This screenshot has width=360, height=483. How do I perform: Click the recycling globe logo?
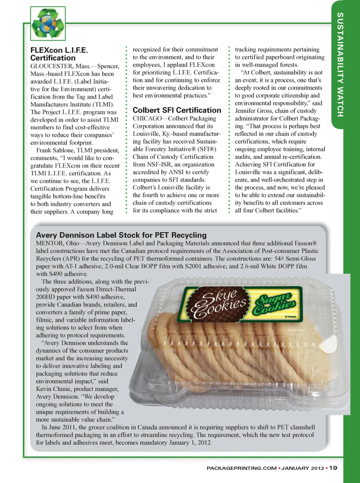[48, 24]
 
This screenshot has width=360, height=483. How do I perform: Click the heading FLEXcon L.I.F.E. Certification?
[59, 54]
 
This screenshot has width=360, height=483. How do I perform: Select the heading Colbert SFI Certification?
[177, 110]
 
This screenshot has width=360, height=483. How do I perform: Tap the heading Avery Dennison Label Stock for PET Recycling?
[121, 235]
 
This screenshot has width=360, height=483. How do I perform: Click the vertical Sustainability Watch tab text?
[340, 65]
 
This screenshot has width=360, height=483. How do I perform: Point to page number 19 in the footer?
[333, 468]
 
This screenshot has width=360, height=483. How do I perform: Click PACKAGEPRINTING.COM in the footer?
[241, 468]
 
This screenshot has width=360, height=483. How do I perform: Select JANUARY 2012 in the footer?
[303, 468]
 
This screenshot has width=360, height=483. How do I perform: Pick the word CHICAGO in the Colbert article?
[147, 118]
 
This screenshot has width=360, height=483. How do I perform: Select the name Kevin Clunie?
[52, 389]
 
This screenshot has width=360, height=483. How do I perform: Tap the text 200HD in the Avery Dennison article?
[45, 297]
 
